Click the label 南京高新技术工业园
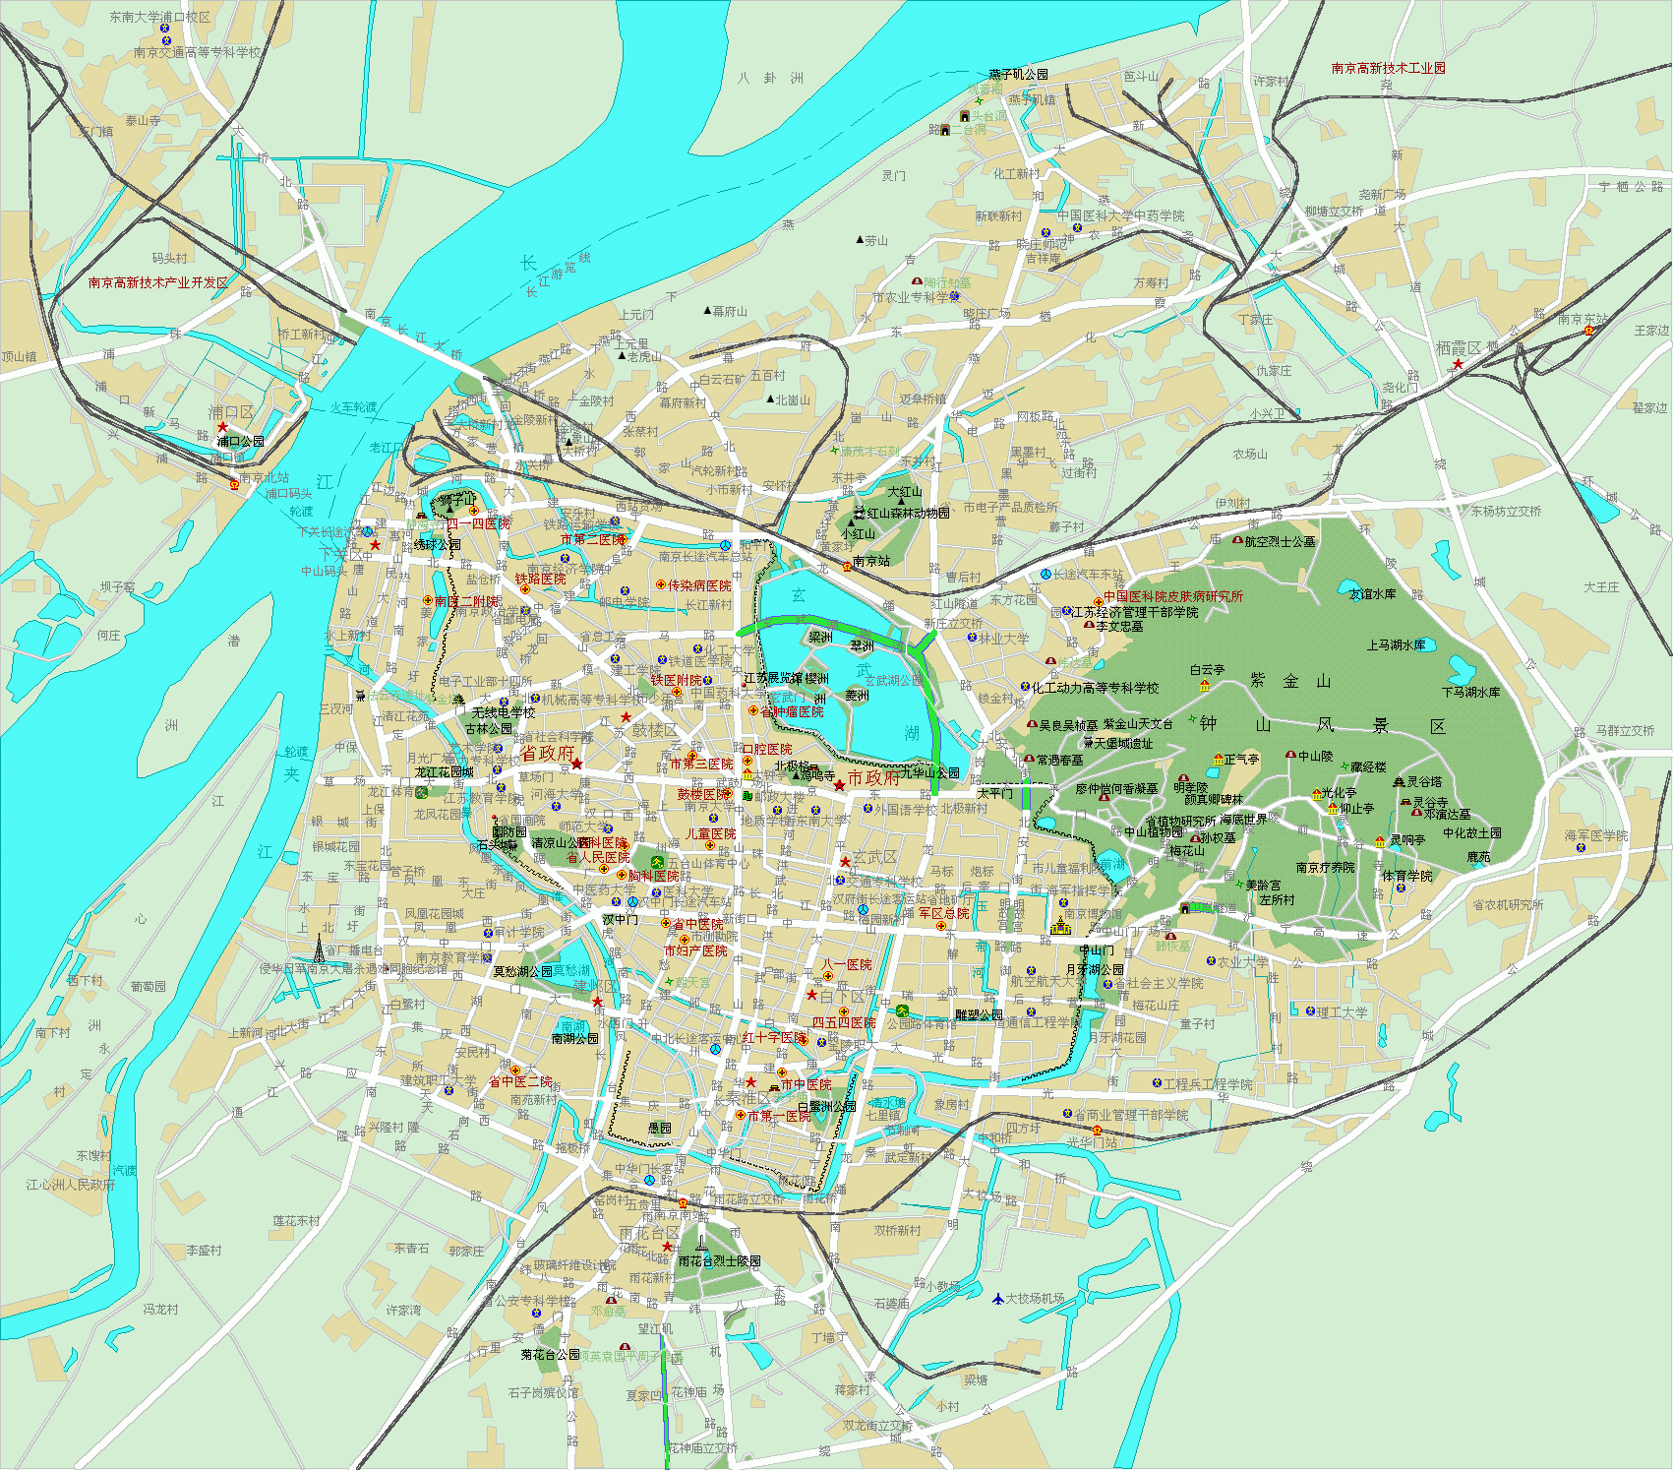click(1388, 68)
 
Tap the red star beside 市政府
click(839, 784)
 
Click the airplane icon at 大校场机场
click(997, 1298)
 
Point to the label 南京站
click(870, 561)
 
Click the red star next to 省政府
click(577, 764)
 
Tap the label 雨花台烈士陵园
click(719, 1260)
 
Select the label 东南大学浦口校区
click(159, 17)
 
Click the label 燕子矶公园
click(1018, 74)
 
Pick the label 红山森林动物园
click(908, 513)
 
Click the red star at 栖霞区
click(1458, 364)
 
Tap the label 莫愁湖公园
click(522, 971)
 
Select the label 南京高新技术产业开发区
click(157, 282)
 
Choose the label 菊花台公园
click(550, 1355)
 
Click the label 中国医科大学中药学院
click(1120, 215)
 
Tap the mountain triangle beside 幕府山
click(707, 311)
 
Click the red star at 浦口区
click(222, 427)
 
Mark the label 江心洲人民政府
click(71, 1185)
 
